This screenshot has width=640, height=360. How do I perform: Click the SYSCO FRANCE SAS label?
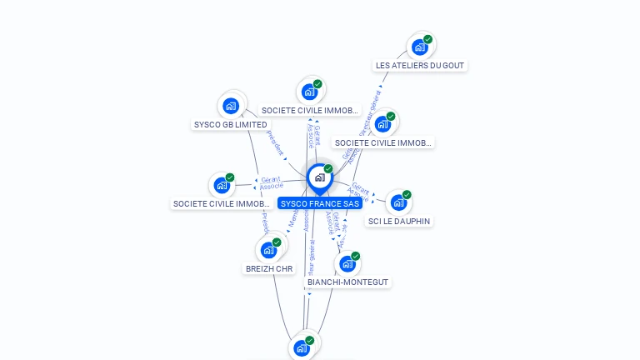click(320, 203)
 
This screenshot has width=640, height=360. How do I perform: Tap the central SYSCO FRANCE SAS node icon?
click(319, 177)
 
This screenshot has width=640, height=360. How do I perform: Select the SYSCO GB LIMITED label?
click(230, 125)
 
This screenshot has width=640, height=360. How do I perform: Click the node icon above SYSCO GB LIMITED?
click(231, 106)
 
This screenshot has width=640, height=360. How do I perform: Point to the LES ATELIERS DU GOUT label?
click(420, 65)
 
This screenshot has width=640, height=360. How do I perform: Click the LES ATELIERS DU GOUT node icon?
click(419, 47)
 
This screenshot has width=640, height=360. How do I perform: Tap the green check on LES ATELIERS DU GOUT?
click(427, 39)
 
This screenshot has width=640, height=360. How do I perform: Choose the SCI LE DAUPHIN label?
click(399, 221)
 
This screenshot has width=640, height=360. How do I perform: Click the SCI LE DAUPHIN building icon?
click(398, 202)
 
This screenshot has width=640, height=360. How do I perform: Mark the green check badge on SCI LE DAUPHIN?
click(407, 194)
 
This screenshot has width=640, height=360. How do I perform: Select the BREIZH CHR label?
click(269, 268)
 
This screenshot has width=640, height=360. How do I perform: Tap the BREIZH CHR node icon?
click(268, 250)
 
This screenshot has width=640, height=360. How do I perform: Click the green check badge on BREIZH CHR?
click(277, 242)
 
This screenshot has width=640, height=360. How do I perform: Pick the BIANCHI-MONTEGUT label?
click(347, 282)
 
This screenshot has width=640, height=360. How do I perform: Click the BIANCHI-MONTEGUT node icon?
click(347, 264)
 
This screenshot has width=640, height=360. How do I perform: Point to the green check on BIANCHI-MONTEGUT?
click(355, 256)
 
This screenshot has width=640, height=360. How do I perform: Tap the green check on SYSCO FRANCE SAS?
click(328, 168)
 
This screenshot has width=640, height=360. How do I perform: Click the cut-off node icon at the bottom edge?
click(302, 348)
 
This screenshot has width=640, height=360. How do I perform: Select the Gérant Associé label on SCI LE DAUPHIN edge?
click(359, 192)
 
